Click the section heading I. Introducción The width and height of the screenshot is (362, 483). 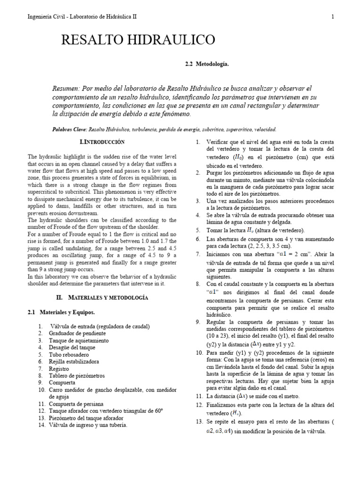tap(102, 142)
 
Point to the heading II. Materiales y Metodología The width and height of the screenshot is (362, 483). tap(102, 298)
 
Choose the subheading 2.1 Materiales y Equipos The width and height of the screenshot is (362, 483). tap(60, 312)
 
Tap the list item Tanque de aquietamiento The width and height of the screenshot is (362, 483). tap(79, 340)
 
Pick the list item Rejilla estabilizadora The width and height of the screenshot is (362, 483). tap(74, 361)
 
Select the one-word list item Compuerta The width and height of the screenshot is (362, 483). tap(62, 383)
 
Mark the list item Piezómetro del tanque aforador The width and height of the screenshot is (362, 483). tap(86, 418)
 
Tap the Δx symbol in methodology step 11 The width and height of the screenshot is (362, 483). tap(241, 396)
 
